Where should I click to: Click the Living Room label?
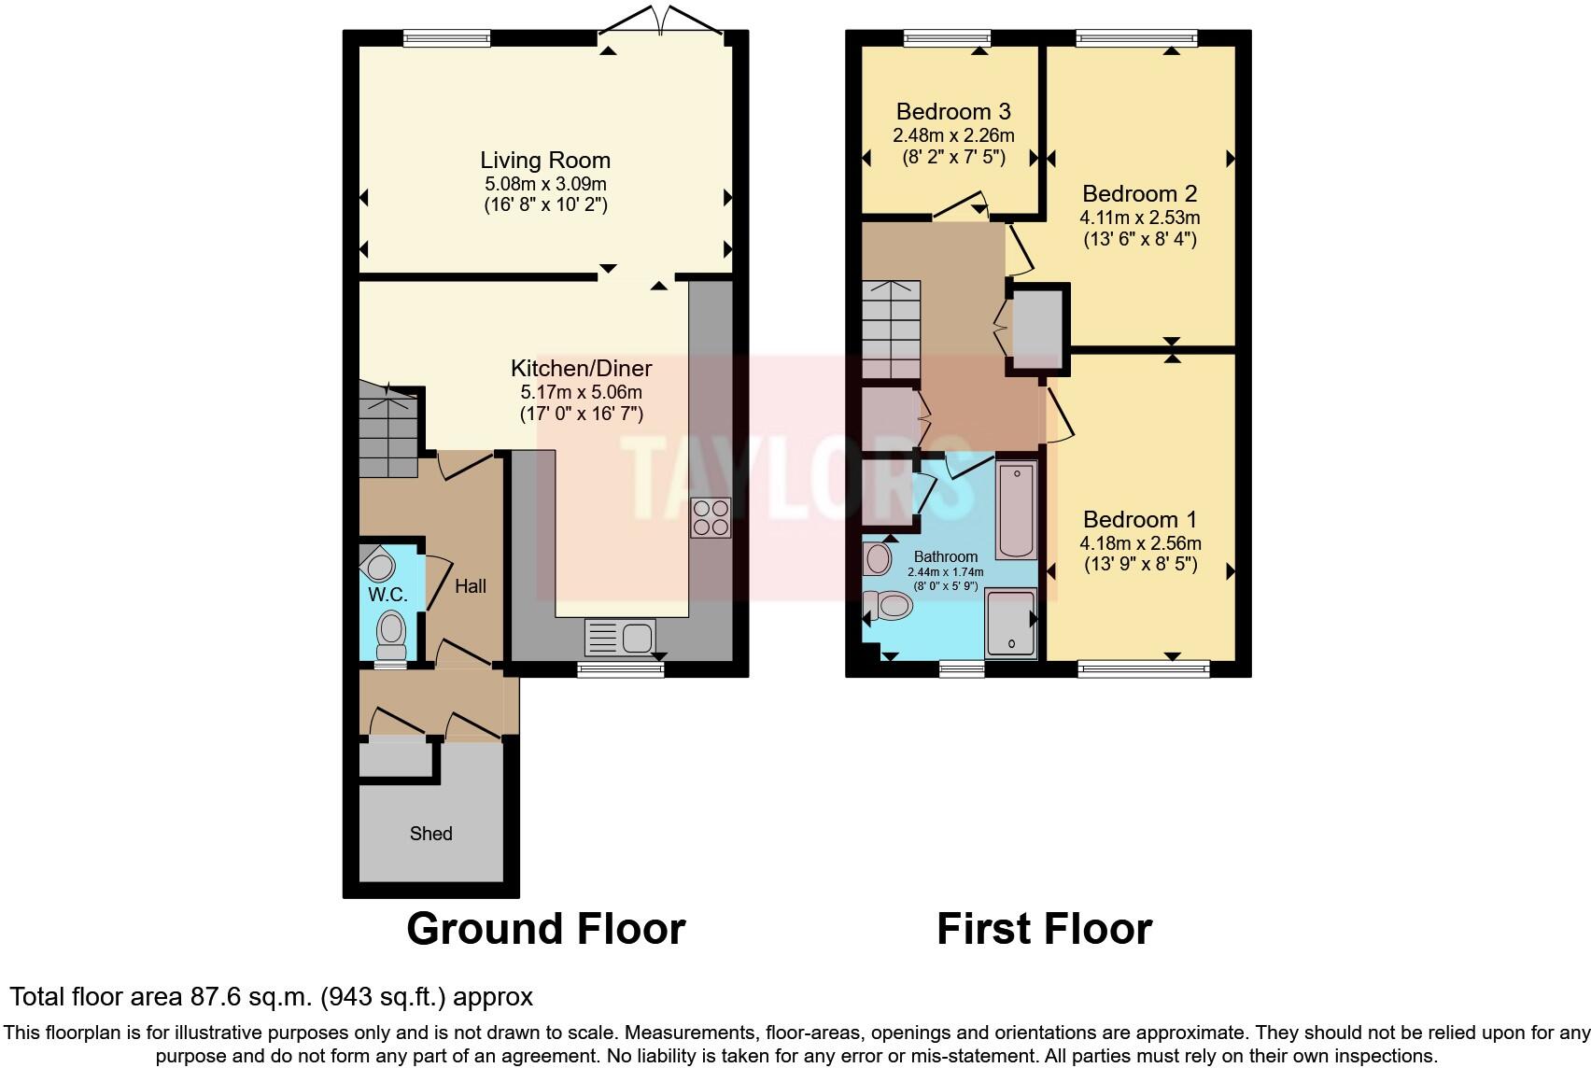(545, 160)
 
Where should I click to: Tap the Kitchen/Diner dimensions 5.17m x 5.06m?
(581, 392)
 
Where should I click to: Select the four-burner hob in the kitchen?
(710, 518)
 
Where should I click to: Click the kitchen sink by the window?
(618, 639)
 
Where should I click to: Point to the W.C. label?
(387, 595)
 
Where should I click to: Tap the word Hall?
(471, 586)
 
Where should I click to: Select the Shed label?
(430, 833)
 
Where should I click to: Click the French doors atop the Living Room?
(661, 21)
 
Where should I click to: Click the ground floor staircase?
(387, 434)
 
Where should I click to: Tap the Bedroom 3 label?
(952, 112)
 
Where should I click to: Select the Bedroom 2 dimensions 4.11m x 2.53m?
(1140, 218)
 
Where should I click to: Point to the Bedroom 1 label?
(1140, 519)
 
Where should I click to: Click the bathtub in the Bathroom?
(1016, 509)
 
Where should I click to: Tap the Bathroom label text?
(945, 556)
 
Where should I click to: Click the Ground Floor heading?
(545, 929)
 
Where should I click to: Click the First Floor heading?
(1044, 929)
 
